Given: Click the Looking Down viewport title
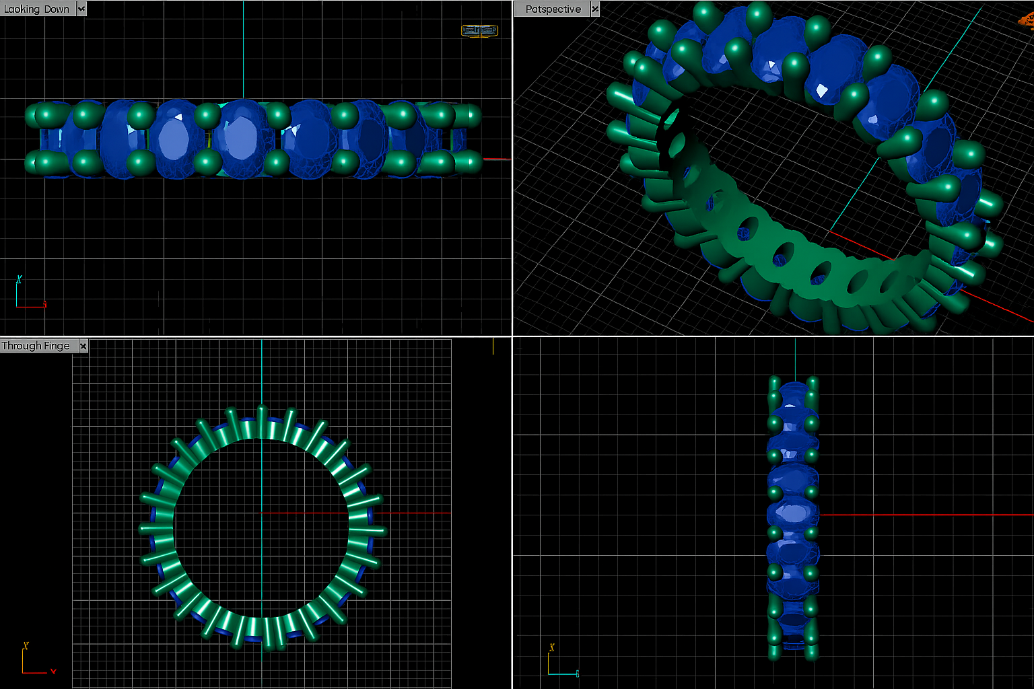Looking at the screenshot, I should [x=37, y=9].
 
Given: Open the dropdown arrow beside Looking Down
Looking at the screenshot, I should [x=81, y=9].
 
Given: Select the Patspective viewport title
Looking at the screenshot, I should [x=553, y=9].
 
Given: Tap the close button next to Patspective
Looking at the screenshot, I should [x=595, y=9].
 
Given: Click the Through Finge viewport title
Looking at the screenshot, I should [x=36, y=346].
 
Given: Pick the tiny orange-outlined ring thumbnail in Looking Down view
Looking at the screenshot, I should [x=479, y=30].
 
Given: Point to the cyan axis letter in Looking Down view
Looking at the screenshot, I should [x=19, y=279].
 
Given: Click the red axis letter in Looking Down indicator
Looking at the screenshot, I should [x=44, y=305].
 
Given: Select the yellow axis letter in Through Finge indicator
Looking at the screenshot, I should [x=26, y=646].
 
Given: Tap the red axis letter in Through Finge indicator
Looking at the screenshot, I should [x=53, y=671].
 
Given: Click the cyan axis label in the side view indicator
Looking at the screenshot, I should [x=577, y=674].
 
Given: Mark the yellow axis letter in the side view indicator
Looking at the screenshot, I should [x=551, y=647].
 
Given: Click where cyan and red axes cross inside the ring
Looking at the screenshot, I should [x=261, y=513].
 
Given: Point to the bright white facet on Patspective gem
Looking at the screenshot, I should [x=822, y=90].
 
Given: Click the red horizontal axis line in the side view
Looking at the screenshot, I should [x=929, y=515].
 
